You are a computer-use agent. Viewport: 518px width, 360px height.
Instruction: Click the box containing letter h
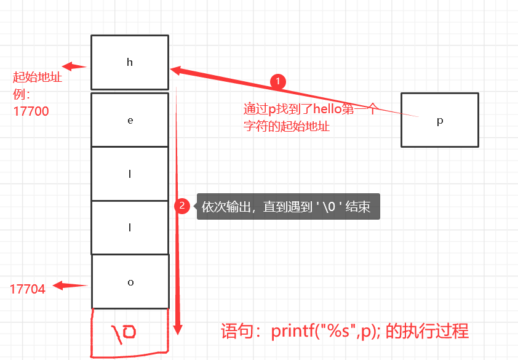129,62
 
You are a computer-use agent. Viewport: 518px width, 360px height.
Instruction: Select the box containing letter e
129,120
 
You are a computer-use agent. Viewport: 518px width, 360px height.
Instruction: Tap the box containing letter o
130,282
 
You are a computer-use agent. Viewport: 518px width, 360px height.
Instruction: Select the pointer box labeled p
439,120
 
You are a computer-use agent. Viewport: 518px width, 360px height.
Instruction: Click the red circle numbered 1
278,81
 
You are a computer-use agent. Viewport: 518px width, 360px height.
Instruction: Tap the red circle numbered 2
181,206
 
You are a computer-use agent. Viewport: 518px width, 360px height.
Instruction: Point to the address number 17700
31,111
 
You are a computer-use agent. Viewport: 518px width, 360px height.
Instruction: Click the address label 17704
28,289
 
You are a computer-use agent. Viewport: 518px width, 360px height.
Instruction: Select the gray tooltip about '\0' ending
288,207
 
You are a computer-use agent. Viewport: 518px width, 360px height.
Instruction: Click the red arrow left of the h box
74,66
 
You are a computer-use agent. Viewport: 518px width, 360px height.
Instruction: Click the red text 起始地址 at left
38,78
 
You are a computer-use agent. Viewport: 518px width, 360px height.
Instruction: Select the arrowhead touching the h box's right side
175,70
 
